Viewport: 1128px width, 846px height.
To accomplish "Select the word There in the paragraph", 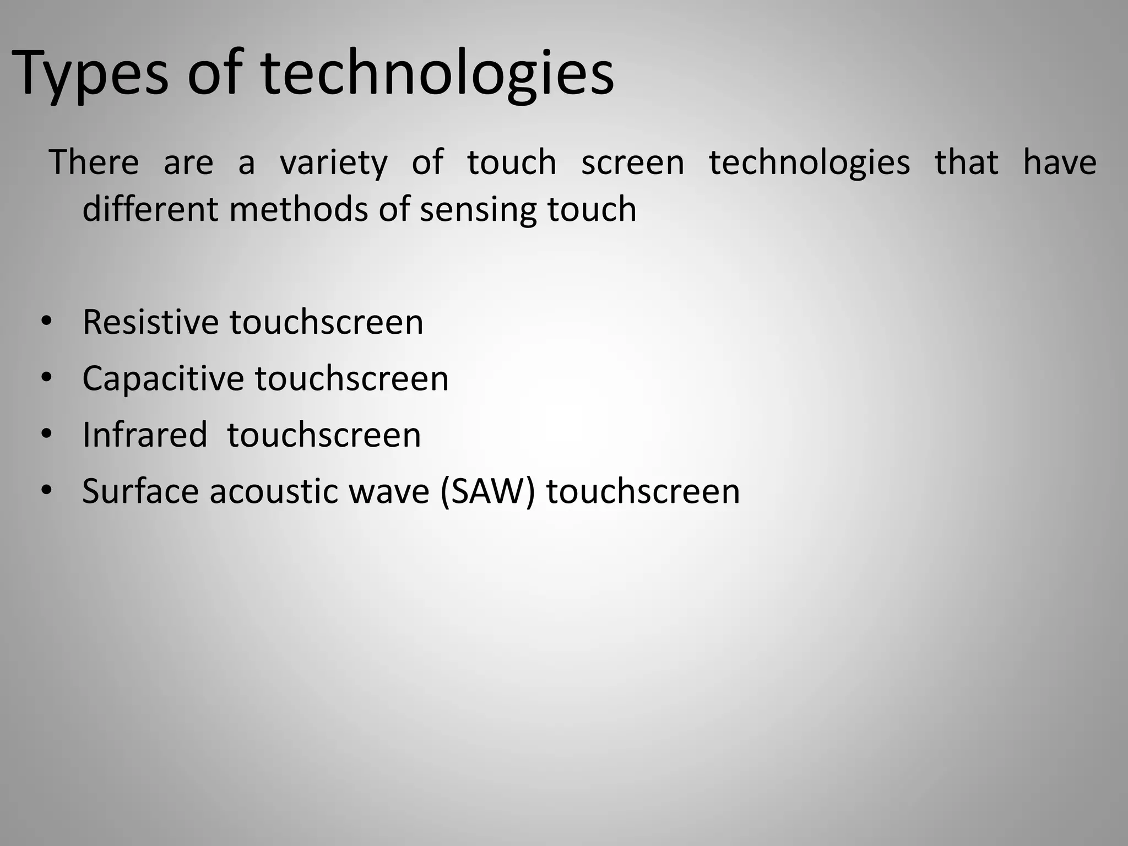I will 94,162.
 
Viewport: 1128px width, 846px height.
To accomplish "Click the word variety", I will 334,164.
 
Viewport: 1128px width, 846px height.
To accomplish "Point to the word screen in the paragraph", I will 632,164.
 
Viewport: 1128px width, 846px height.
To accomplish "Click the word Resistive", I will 150,322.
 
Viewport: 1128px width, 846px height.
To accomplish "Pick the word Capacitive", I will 162,379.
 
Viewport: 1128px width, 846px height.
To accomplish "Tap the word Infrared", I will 145,435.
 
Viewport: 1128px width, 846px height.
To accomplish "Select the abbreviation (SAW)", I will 488,491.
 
